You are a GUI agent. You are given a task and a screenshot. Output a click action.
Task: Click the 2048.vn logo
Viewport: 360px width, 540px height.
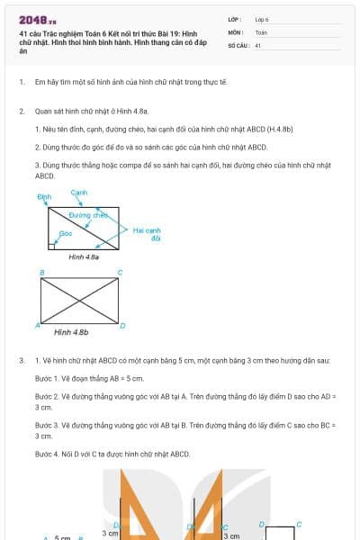[x=37, y=19]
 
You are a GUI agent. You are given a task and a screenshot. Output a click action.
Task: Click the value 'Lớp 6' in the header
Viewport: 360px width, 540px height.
[x=262, y=19]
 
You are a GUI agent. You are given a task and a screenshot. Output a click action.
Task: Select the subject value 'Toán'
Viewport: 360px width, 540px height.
[x=261, y=31]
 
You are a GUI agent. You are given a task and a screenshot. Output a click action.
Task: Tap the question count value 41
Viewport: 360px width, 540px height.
[x=258, y=44]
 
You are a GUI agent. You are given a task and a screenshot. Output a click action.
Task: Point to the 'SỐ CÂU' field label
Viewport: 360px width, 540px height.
[x=237, y=44]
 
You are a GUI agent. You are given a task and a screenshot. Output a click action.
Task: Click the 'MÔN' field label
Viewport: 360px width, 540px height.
[x=235, y=31]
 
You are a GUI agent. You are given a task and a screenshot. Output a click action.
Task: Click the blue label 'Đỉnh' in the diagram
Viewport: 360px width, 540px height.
[x=44, y=195]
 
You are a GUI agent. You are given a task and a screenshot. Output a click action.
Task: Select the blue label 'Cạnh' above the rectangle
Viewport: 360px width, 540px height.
[x=78, y=193]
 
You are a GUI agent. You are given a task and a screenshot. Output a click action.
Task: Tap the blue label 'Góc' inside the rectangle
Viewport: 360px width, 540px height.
[x=65, y=233]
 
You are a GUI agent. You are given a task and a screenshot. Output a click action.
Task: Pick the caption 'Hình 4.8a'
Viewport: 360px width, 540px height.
[x=84, y=256]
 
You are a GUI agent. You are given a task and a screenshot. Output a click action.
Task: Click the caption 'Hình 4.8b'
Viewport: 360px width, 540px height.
[x=71, y=332]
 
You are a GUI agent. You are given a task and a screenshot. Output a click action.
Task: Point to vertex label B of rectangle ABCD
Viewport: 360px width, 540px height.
[x=41, y=272]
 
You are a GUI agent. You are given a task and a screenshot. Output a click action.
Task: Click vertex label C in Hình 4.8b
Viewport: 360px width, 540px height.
[x=120, y=272]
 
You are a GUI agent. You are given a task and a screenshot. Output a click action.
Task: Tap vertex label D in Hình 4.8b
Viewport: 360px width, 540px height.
[x=122, y=325]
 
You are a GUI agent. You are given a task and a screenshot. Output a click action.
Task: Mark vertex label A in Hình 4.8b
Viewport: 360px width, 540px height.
[x=37, y=325]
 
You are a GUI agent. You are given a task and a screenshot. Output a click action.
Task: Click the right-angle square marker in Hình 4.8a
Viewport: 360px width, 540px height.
[x=52, y=245]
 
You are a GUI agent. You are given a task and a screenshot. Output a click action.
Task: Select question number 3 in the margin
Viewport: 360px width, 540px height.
[x=22, y=361]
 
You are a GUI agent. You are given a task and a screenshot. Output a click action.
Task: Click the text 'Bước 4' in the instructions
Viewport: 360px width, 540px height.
[x=46, y=454]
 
